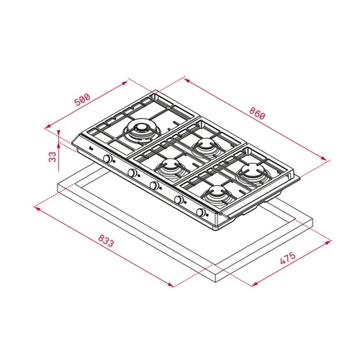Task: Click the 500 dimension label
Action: point(82,99)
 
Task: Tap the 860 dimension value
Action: point(257,113)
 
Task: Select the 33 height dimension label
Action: point(53,156)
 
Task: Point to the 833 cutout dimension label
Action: point(106,240)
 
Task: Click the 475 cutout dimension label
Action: point(288,258)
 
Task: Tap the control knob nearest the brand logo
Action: point(107,158)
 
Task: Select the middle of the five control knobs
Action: point(154,185)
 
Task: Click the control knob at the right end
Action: point(201,212)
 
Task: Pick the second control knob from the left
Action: point(132,173)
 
